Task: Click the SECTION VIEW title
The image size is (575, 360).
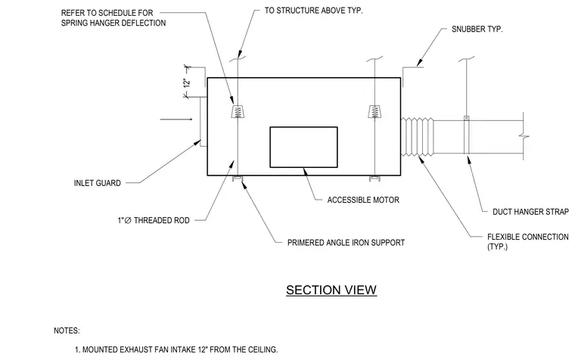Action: coord(331,290)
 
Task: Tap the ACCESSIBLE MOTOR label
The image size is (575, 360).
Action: coord(363,200)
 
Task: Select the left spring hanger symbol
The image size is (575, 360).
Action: coord(238,111)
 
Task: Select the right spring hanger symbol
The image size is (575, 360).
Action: coord(374,111)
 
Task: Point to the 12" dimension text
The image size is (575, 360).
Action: coord(187,82)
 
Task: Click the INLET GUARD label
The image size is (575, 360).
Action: coord(97,183)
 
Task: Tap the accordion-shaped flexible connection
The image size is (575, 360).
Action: coord(417,137)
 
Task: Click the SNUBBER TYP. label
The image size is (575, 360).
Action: coord(477,29)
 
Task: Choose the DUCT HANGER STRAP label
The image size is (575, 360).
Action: coord(530,212)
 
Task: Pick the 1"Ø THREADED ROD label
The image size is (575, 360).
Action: coord(154,220)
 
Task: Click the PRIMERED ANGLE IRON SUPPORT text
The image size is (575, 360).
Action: coord(346,242)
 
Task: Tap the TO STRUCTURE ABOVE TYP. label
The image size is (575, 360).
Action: coord(313,11)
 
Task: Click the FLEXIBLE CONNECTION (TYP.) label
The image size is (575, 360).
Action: coord(527,241)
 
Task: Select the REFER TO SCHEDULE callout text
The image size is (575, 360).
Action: coord(113,17)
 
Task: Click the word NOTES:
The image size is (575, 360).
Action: coord(67,331)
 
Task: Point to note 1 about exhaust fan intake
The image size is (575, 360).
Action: coord(176,349)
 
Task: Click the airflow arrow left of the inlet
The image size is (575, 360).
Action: coord(176,119)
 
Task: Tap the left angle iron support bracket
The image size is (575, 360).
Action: coord(238,178)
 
